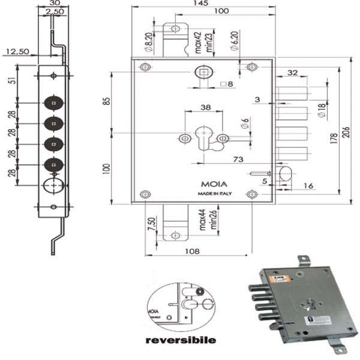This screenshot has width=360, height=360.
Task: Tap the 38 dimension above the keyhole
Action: coord(205,108)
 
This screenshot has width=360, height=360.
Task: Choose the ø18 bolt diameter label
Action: coord(322,110)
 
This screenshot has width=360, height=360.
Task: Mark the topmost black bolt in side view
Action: coord(54,103)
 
